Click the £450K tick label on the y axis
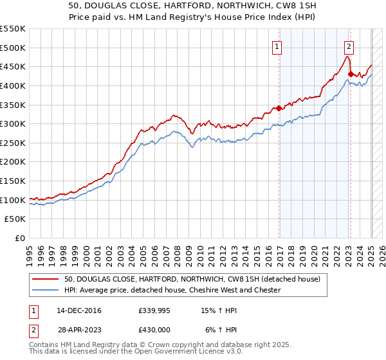coord(13,66)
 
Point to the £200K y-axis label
coord(13,161)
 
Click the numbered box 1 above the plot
coord(277,46)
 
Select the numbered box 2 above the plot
coord(348,46)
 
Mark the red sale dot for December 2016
coord(279,108)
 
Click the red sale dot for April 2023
coord(350,74)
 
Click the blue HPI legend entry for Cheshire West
coord(172,290)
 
